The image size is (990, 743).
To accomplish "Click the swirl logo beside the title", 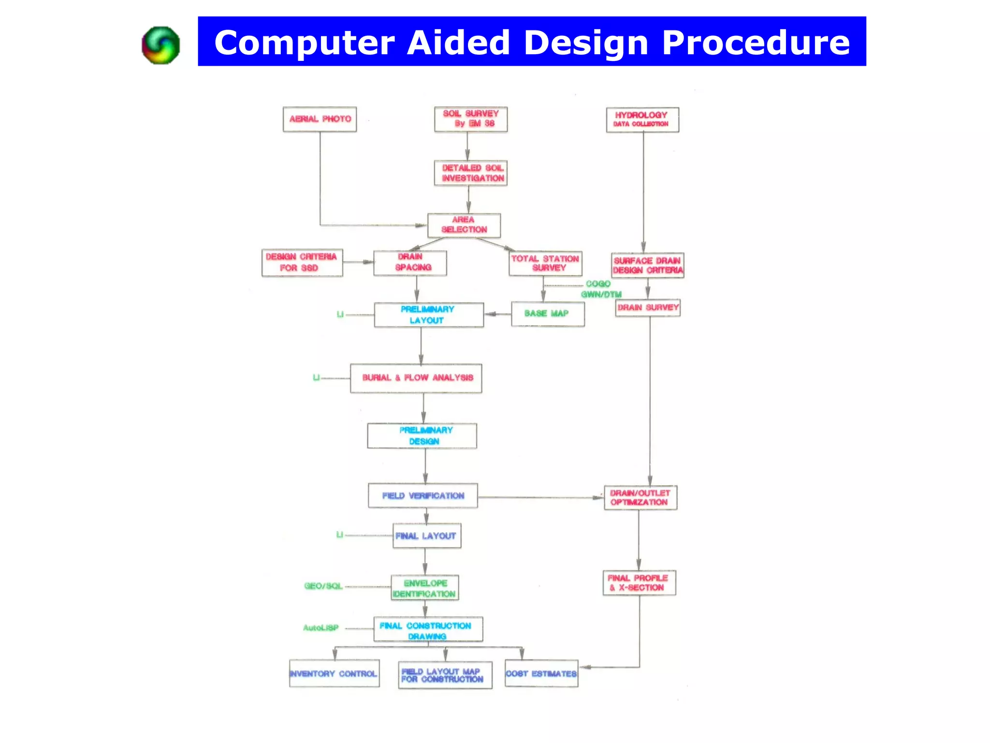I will [x=161, y=45].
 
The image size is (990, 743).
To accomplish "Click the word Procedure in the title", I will [x=756, y=43].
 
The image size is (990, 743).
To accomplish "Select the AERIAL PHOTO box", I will [x=320, y=119].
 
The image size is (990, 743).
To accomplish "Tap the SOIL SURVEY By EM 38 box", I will [x=471, y=119].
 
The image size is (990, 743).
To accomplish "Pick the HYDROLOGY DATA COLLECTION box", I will [x=642, y=119].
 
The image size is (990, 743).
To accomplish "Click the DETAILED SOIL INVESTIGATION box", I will [x=471, y=173].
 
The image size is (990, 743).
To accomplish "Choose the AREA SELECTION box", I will [x=464, y=225].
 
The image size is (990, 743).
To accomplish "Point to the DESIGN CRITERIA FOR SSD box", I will [x=302, y=263].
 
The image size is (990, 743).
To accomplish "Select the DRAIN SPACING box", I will [x=410, y=263].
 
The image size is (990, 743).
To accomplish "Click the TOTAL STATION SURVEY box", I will [x=545, y=263].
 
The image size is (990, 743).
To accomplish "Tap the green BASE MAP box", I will [x=548, y=314].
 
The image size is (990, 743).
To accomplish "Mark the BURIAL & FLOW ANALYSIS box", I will [x=416, y=378].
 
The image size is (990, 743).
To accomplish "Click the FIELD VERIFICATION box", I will [x=423, y=496].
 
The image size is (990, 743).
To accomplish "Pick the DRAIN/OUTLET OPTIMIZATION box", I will [x=640, y=498].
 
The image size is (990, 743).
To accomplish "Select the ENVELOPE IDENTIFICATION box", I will [x=425, y=588].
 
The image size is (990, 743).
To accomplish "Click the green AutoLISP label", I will [x=320, y=628].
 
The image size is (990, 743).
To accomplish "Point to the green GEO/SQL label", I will [x=323, y=586].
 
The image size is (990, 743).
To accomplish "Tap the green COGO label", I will [x=598, y=284].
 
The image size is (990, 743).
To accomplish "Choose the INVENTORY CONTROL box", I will [x=334, y=673].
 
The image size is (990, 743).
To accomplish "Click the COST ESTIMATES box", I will [x=541, y=673].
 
